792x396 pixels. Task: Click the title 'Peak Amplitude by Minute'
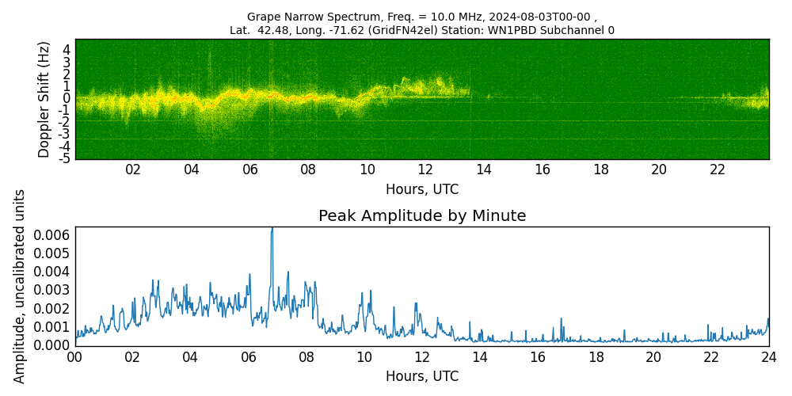pos(422,216)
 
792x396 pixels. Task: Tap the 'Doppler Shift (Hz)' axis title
pos(44,99)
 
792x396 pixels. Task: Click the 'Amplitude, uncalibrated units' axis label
pos(20,286)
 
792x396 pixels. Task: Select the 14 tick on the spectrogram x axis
pos(484,169)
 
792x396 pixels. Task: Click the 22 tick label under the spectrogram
pos(718,169)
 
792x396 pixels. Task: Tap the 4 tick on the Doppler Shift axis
pos(67,49)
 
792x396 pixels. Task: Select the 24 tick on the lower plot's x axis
pos(769,357)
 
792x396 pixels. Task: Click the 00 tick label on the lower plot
pos(75,357)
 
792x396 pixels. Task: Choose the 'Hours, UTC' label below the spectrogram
pos(422,189)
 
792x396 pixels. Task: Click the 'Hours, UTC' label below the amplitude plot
pos(422,376)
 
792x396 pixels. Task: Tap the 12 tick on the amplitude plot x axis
pos(422,357)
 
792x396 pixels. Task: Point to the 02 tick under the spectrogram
pos(133,169)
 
